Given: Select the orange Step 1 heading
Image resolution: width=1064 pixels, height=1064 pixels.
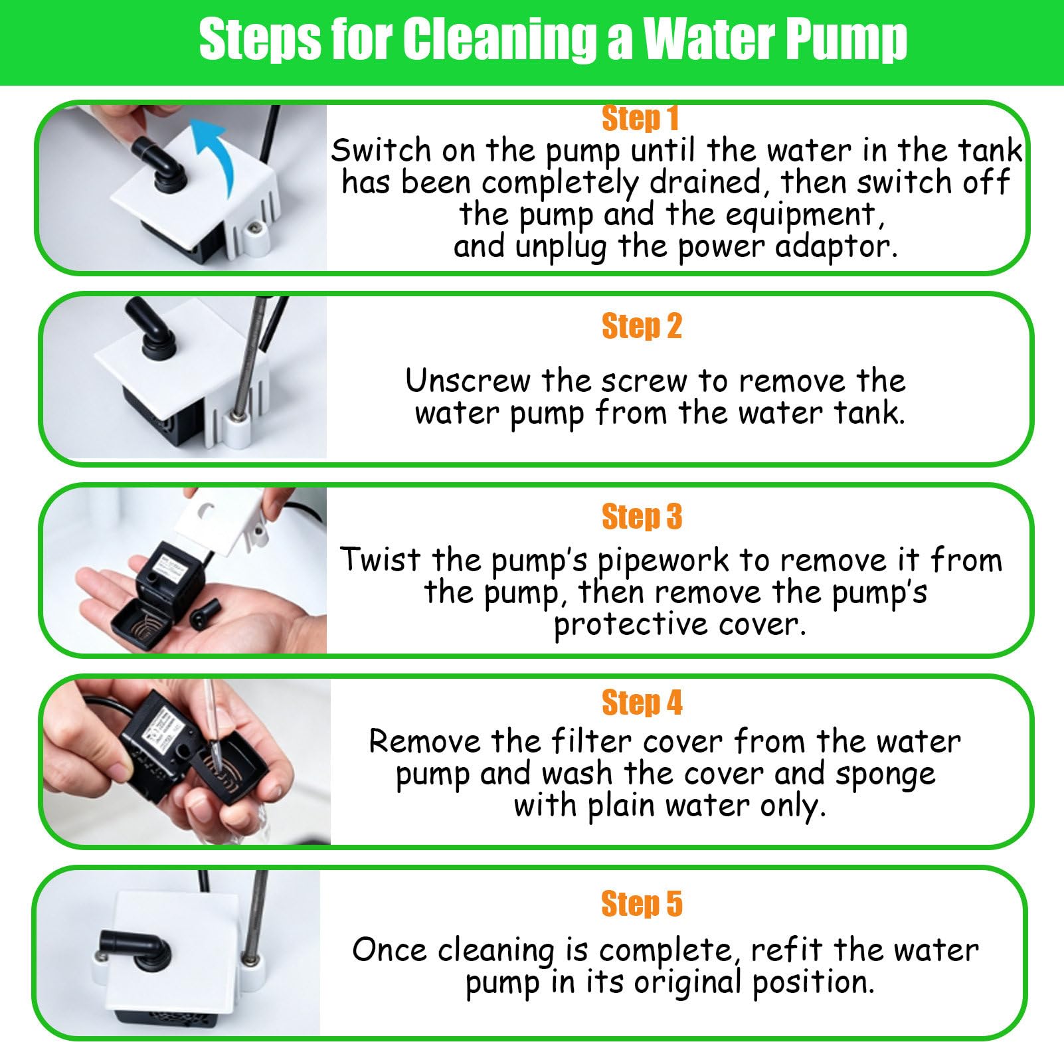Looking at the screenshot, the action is point(640,118).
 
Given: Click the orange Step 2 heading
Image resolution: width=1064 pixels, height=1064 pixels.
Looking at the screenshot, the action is point(642,326).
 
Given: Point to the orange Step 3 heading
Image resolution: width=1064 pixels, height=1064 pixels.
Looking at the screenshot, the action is point(642,516).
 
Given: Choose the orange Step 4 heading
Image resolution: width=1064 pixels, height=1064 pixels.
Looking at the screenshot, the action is point(642,702).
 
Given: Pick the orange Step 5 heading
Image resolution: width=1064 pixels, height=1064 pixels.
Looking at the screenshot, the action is point(642,903).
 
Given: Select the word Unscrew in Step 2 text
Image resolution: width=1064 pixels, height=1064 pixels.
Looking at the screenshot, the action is point(468,381).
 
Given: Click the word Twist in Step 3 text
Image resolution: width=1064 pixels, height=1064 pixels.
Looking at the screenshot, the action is point(381,559).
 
